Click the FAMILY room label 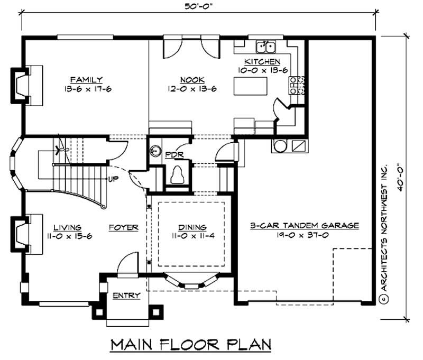(x=88, y=79)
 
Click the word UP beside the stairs (x=113, y=179)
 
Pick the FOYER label (x=123, y=228)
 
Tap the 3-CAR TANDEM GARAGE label (x=305, y=225)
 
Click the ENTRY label (x=126, y=296)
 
